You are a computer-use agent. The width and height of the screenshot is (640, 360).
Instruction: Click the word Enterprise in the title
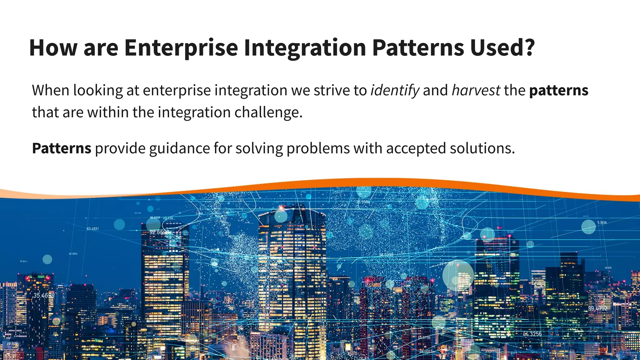181,47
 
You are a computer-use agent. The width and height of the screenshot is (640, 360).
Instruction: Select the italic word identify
395,91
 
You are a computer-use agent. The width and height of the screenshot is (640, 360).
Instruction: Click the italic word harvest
476,91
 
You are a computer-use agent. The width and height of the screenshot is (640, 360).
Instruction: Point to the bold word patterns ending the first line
558,91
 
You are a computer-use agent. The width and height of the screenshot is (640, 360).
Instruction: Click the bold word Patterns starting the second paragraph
62,148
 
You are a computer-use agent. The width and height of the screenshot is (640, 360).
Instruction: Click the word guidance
179,148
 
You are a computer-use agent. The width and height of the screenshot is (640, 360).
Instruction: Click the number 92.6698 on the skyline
159,232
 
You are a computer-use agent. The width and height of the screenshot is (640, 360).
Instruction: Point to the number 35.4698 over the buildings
44,295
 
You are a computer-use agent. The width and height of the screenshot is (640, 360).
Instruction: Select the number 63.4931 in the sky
92,229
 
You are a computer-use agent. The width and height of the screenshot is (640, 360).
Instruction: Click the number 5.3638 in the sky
602,222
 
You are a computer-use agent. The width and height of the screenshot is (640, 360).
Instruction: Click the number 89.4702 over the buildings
597,308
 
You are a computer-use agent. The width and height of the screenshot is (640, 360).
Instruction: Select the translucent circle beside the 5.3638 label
588,227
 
